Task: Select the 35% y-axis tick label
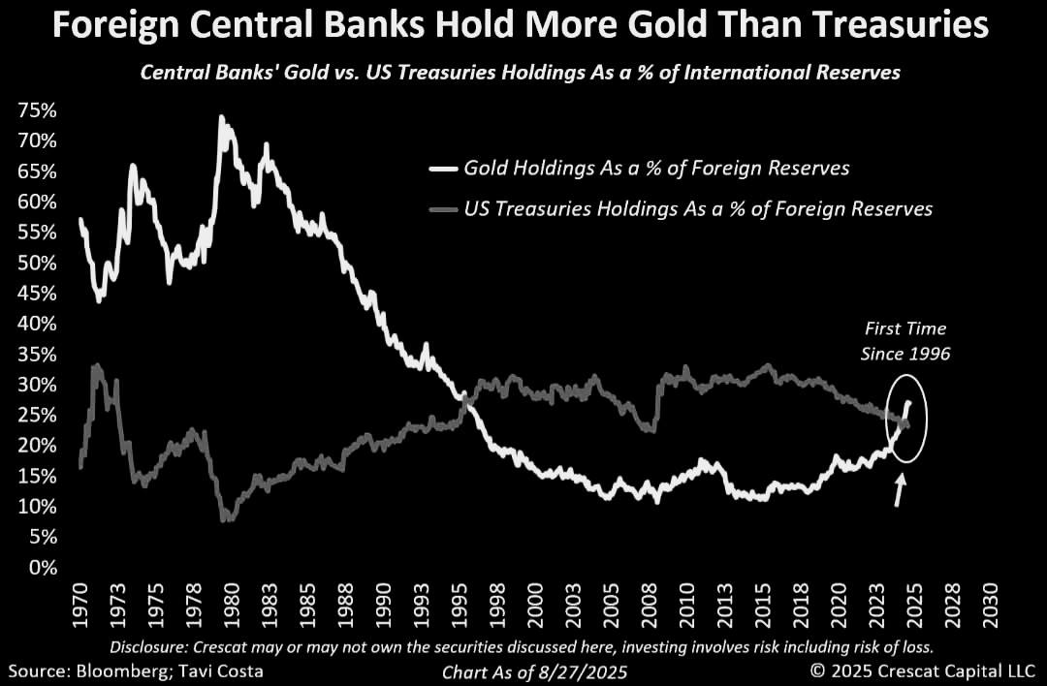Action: (37, 354)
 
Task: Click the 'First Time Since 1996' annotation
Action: (904, 341)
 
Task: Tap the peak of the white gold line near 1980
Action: (221, 117)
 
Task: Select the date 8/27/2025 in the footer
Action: (573, 670)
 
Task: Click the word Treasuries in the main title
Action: (881, 26)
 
